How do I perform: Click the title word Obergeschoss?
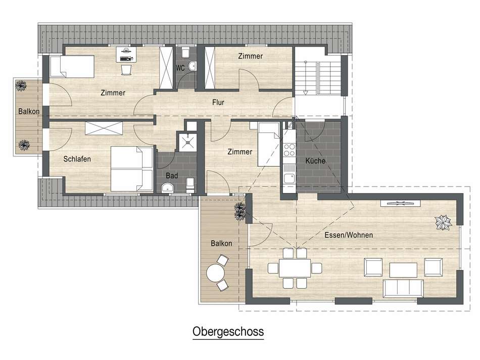(x=228, y=332)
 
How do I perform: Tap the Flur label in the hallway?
(x=218, y=103)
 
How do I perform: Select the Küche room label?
(x=316, y=161)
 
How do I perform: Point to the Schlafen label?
(x=77, y=159)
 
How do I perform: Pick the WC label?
(x=180, y=67)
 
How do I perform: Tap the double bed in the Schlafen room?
(x=131, y=169)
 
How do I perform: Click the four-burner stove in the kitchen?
(x=289, y=149)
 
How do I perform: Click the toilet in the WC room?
(x=185, y=52)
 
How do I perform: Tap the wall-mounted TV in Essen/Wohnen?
(x=400, y=203)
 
